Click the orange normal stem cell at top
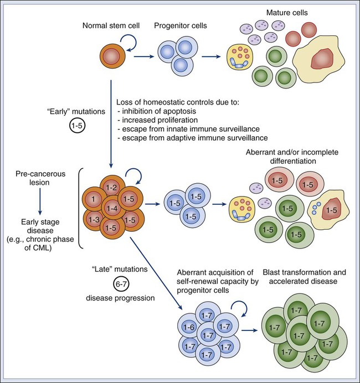click(x=111, y=56)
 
